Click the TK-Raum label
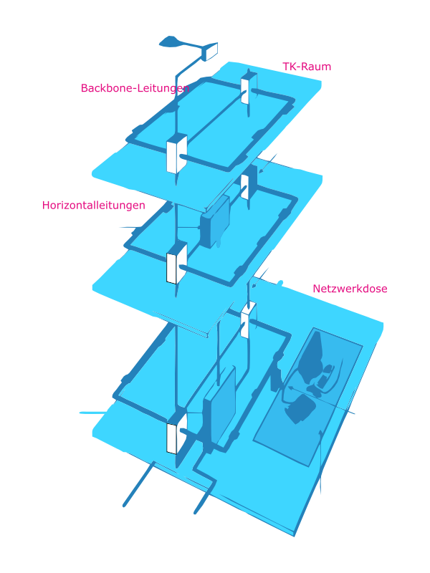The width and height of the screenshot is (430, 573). pyautogui.click(x=306, y=67)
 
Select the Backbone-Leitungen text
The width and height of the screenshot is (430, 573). pyautogui.click(x=135, y=88)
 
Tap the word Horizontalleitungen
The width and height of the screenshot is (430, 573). pyautogui.click(x=94, y=205)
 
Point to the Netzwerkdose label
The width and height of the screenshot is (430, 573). pyautogui.click(x=350, y=289)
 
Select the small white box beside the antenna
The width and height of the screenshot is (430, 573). pyautogui.click(x=211, y=51)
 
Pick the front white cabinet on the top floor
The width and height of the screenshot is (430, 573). pyautogui.click(x=176, y=153)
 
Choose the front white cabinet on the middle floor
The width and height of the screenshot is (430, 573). pyautogui.click(x=176, y=264)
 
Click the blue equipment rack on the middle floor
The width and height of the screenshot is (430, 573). pyautogui.click(x=214, y=221)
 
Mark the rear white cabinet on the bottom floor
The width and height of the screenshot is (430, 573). pyautogui.click(x=248, y=319)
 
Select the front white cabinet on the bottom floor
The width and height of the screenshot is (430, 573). pyautogui.click(x=176, y=434)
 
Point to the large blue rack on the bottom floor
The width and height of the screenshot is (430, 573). pyautogui.click(x=219, y=409)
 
